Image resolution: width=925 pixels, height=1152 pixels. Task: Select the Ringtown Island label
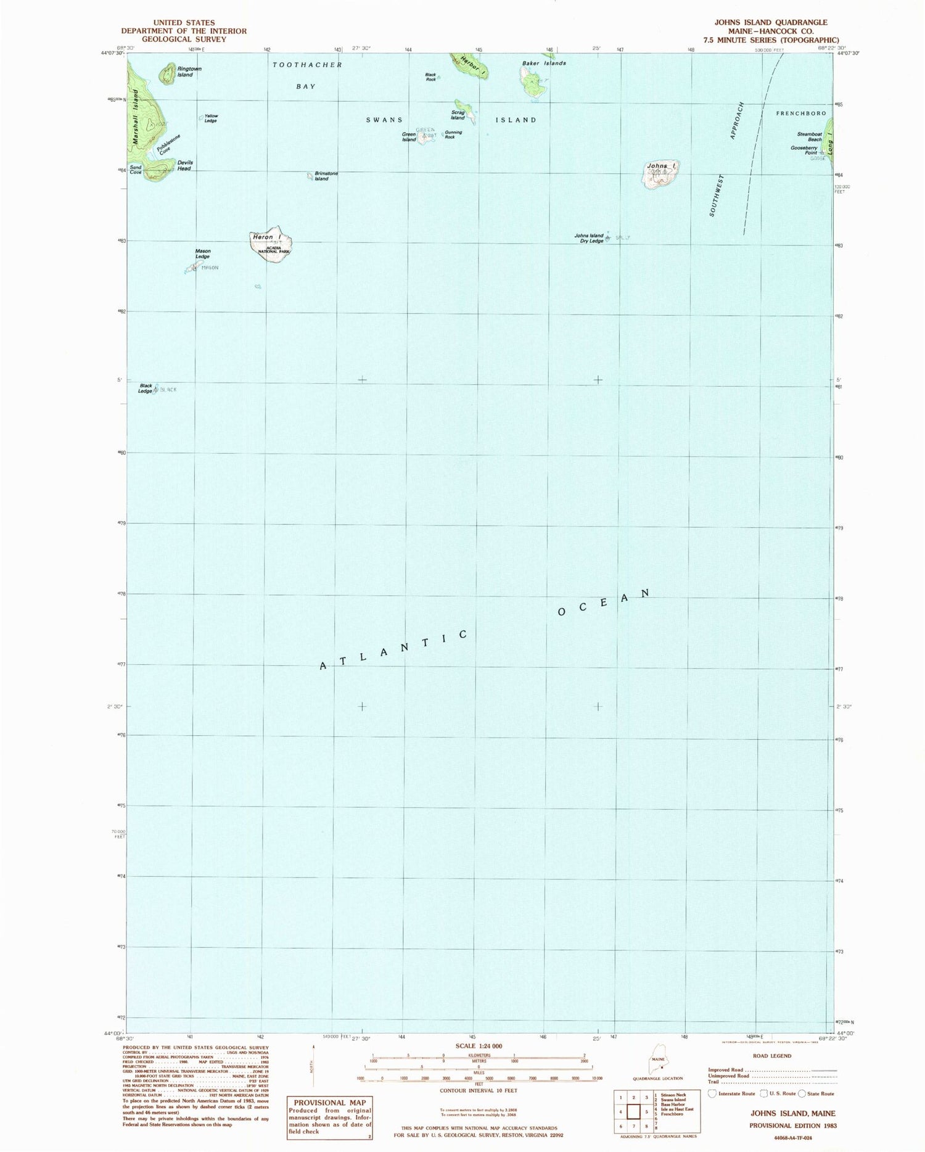pos(185,72)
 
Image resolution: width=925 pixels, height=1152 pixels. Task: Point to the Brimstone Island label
pos(326,176)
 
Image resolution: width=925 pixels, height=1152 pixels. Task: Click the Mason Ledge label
pos(203,253)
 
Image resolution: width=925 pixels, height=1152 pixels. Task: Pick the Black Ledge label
pos(146,389)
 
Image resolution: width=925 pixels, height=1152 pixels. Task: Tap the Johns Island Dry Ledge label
pos(588,238)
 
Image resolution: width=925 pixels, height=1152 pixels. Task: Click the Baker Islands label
pos(544,63)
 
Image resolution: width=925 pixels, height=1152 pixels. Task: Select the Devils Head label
pos(184,165)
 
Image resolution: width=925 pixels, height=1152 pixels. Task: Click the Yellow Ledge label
pos(211,118)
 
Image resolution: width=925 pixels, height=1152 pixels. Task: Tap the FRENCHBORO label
pos(800,113)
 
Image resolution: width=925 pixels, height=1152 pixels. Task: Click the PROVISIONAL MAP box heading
pos(329,1103)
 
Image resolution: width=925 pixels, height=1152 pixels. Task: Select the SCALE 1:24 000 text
pos(479,1046)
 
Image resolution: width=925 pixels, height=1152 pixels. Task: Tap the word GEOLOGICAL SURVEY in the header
pos(184,39)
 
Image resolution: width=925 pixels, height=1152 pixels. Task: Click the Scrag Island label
pos(458,115)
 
